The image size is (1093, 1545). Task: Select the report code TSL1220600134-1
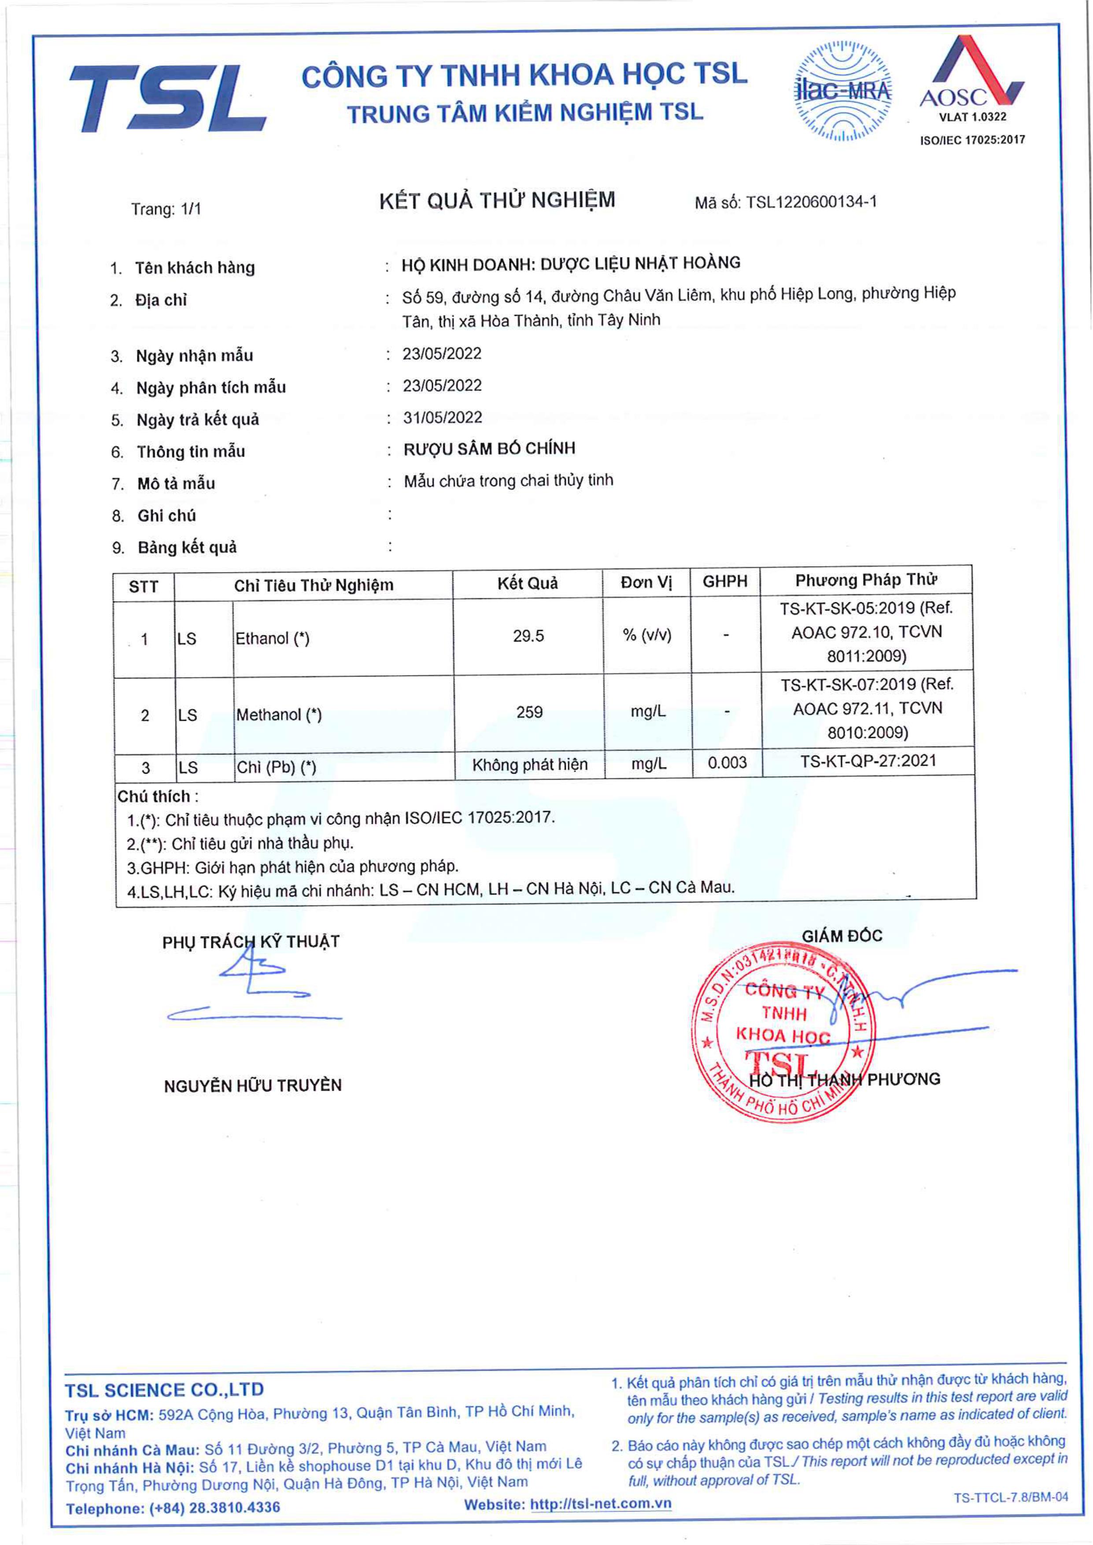(x=811, y=202)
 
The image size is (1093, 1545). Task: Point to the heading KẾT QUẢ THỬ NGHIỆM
(x=497, y=200)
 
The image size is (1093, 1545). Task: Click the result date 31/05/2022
(x=442, y=417)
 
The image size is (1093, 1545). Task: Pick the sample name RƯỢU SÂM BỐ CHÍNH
(x=489, y=449)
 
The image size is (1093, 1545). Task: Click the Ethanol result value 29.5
(x=528, y=635)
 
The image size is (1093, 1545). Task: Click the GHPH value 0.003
(x=727, y=763)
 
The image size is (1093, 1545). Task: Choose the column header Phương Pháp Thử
(x=866, y=580)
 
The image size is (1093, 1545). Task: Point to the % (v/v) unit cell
(x=647, y=635)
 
